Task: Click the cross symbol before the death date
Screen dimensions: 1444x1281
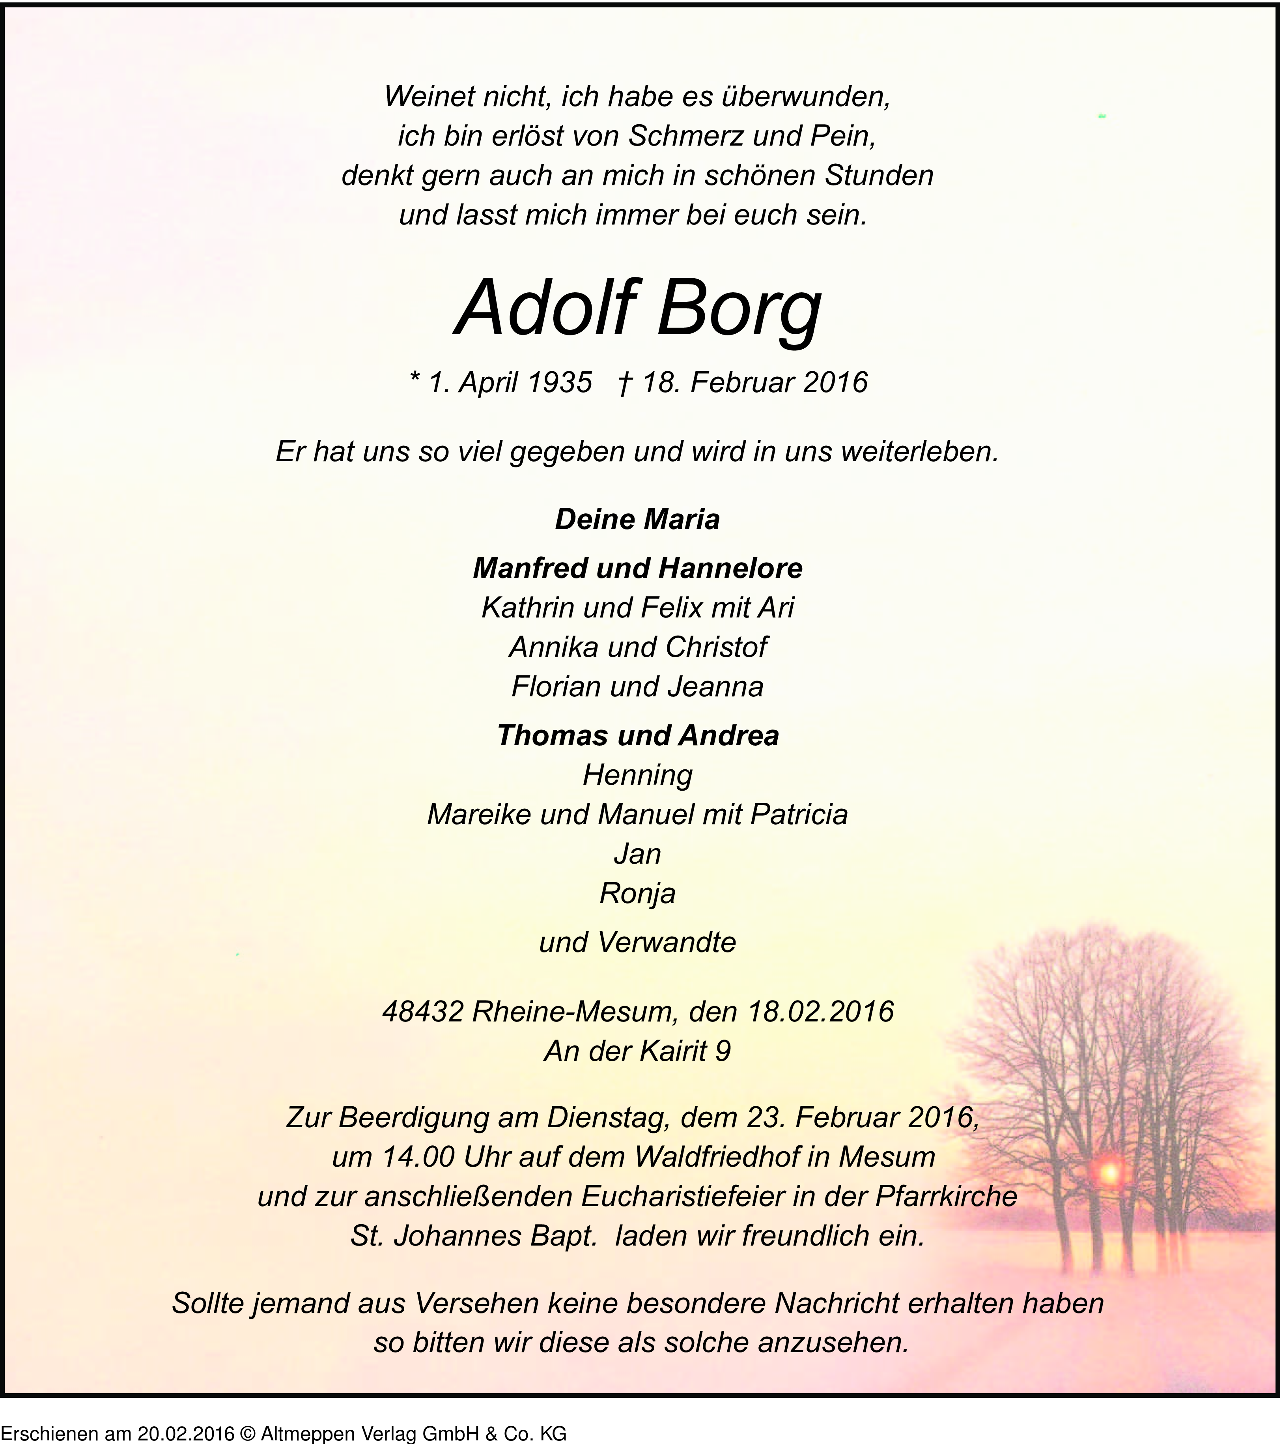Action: (624, 383)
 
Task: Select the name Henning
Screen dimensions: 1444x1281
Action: (637, 775)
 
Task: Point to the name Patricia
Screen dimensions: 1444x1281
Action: (799, 815)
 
